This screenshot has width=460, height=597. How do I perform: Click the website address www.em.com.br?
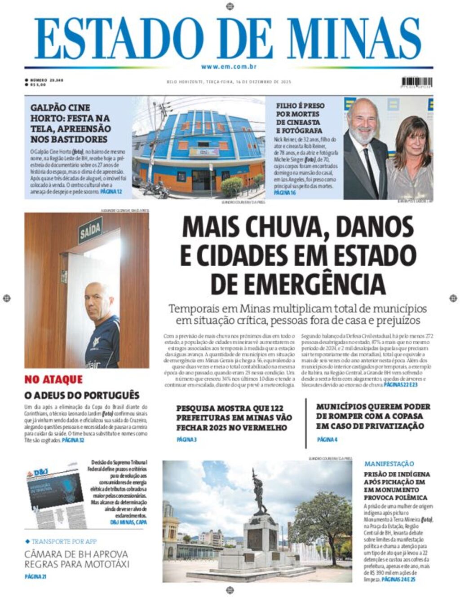229,67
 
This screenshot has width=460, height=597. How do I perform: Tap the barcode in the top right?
417,82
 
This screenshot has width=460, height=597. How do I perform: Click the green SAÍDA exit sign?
90,232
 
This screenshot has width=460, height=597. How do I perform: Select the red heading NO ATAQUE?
53,380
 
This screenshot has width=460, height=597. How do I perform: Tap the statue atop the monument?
259,492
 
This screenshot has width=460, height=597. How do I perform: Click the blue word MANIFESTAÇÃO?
389,464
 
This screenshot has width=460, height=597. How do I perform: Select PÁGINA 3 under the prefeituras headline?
186,439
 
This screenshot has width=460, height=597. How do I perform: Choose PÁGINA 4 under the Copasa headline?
327,439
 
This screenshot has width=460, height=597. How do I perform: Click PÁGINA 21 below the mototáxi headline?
35,576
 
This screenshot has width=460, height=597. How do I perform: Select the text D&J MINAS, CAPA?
128,522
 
